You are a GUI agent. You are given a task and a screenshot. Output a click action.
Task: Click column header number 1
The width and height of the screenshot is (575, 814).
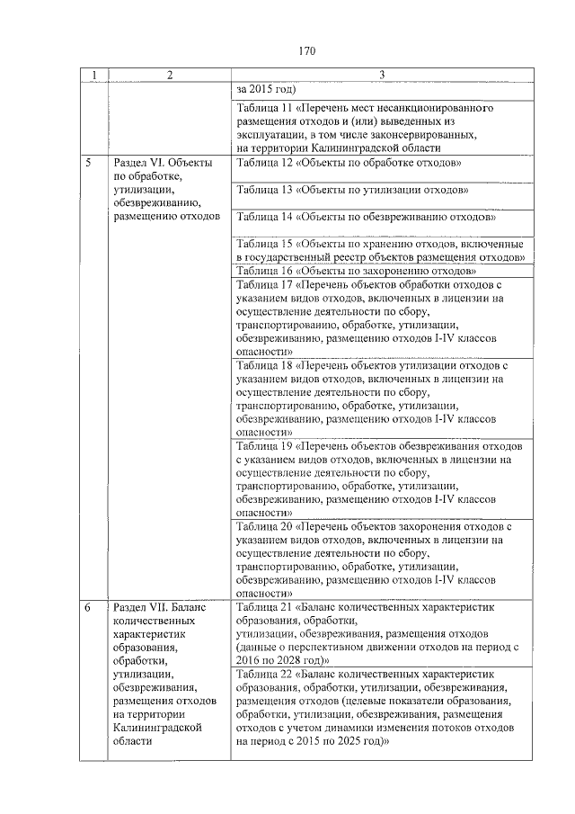click(91, 75)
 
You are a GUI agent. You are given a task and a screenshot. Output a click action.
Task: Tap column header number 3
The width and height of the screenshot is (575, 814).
click(382, 75)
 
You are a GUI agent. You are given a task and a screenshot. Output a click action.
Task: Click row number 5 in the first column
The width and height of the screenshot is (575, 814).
click(88, 163)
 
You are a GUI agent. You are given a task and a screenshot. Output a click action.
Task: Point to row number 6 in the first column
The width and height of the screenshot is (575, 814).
click(88, 608)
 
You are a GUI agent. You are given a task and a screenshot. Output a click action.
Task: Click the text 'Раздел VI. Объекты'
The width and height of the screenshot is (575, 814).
click(163, 163)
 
